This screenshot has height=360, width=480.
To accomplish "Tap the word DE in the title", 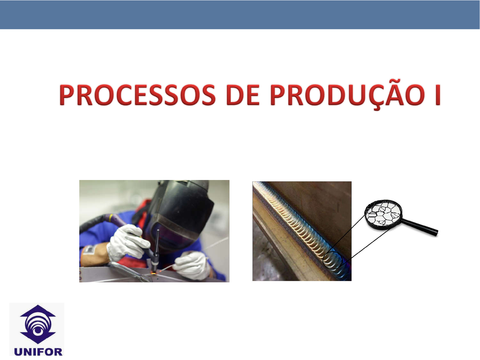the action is tap(243, 95).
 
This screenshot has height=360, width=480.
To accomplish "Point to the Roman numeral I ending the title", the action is tap(438, 95).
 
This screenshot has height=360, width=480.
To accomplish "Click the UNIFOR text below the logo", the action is tap(38, 352).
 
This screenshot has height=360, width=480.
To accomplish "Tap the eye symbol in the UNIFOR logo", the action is tap(38, 330).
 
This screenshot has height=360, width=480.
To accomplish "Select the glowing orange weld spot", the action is tap(154, 273).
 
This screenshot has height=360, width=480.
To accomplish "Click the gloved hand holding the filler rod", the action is tap(193, 266).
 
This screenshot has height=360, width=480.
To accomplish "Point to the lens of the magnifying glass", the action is tap(383, 215).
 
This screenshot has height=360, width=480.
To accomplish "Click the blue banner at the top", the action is tap(240, 15).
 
